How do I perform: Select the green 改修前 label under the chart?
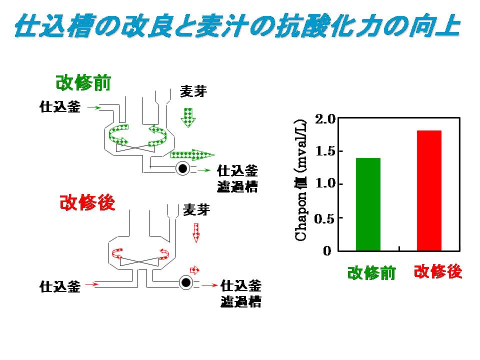tap(371, 273)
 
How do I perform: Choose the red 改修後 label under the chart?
tap(438, 271)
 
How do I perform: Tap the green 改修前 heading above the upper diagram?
tap(83, 82)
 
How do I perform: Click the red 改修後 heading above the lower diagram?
tap(87, 202)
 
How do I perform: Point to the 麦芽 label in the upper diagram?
tap(193, 92)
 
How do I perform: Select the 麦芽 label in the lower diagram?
tap(196, 209)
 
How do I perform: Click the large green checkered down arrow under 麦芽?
tap(188, 116)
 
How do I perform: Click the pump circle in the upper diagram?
tap(183, 169)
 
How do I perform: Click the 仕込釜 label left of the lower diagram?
tap(59, 286)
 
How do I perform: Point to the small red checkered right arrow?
tap(195, 270)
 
